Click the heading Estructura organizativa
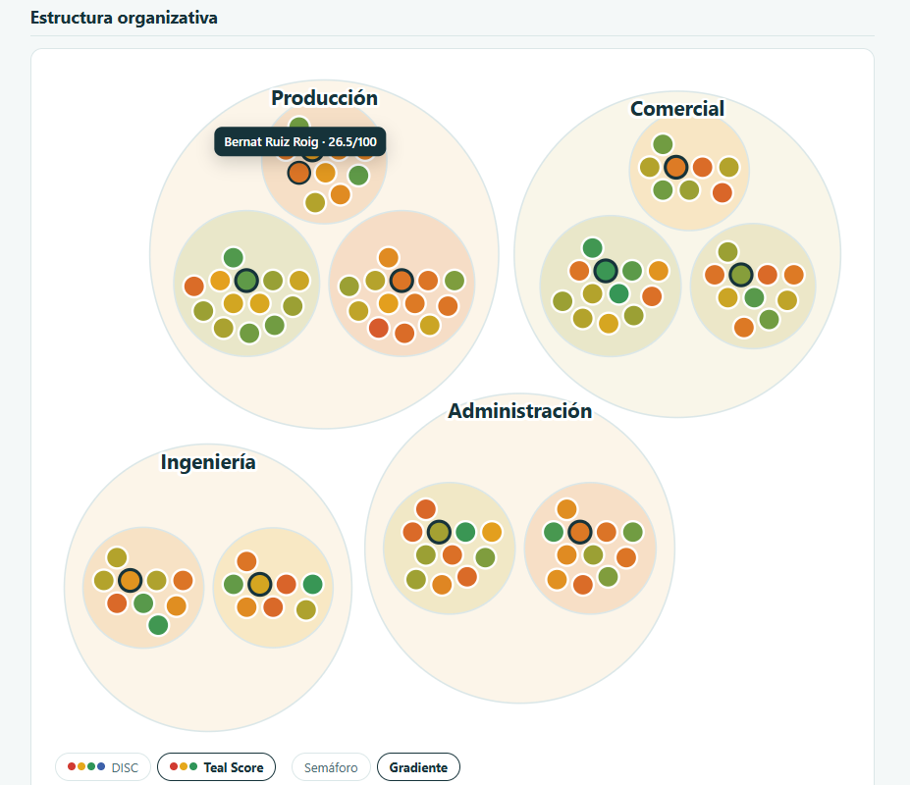tap(124, 18)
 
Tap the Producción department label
tap(324, 98)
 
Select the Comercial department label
tap(677, 109)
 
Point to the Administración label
tap(520, 411)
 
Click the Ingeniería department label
tap(208, 462)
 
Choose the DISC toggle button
tap(103, 767)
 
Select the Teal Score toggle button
tap(217, 767)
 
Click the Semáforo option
tap(331, 767)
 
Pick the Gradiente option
tap(418, 767)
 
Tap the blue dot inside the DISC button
tap(101, 766)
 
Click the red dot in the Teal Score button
tap(174, 766)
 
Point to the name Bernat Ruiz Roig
tap(271, 142)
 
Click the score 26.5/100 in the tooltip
tap(352, 142)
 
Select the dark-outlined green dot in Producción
tap(246, 281)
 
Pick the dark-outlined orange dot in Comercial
tap(676, 167)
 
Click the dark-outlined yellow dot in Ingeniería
tap(259, 584)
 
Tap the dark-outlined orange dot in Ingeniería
tap(130, 580)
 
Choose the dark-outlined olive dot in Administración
tap(439, 532)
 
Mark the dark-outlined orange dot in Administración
tap(580, 532)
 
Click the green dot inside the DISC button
tap(91, 766)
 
